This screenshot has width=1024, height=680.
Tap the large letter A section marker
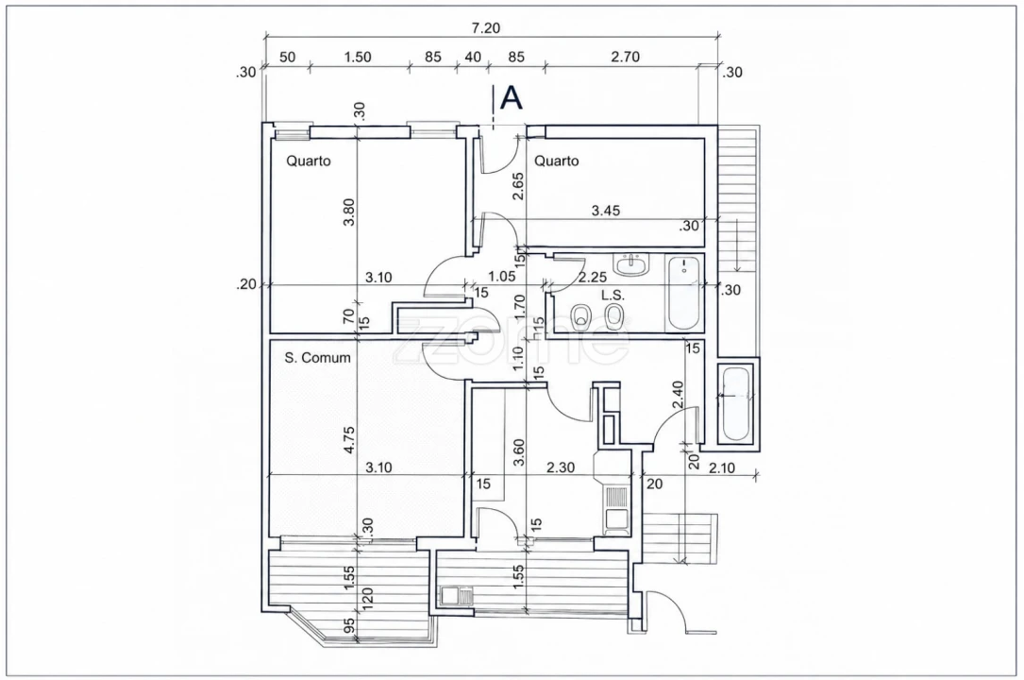pos(512,98)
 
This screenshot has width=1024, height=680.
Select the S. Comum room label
pos(317,357)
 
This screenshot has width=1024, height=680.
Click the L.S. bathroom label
pos(613,296)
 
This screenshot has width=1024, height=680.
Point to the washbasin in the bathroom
pos(632,264)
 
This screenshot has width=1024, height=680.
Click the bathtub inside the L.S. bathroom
pos(683,295)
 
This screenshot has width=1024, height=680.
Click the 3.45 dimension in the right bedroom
pos(605,211)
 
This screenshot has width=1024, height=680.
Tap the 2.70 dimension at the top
pos(625,57)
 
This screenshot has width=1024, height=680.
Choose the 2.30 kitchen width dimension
pos(561,467)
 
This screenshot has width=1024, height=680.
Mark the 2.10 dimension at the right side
pos(722,467)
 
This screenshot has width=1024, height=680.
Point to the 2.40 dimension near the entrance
pos(678,395)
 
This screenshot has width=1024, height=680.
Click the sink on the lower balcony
pos(457,596)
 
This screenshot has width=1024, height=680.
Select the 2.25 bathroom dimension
pos(593,277)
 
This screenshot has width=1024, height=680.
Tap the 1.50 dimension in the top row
pos(358,57)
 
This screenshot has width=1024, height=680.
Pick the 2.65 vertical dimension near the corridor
pos(518,186)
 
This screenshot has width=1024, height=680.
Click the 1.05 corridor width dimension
pos(501,277)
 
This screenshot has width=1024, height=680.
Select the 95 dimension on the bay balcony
pos(349,626)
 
